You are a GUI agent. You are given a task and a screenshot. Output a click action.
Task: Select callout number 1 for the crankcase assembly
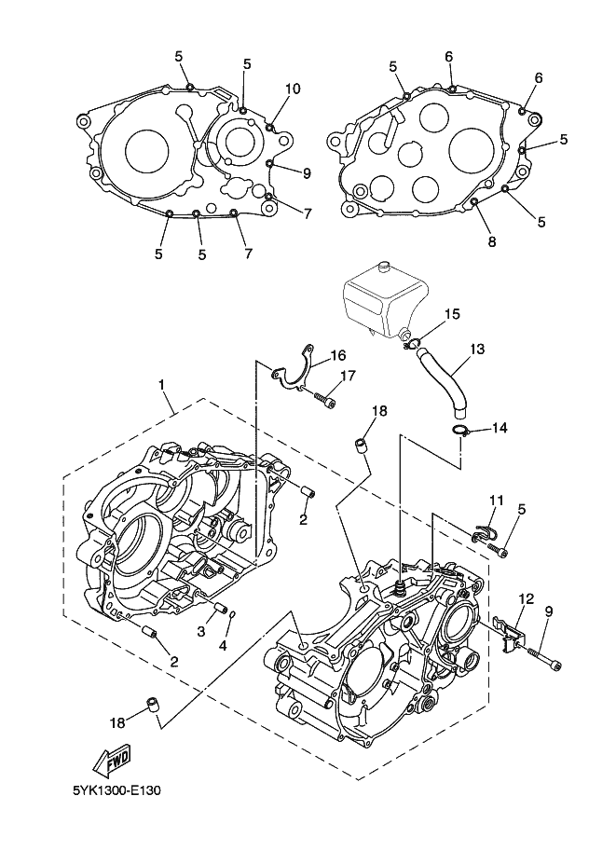tap(161, 384)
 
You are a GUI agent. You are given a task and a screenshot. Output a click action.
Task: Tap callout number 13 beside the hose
tap(477, 349)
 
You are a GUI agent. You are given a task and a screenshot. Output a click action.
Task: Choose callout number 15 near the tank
tap(452, 314)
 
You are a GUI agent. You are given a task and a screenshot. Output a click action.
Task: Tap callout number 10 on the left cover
tap(293, 89)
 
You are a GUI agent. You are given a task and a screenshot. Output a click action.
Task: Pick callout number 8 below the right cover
tap(492, 242)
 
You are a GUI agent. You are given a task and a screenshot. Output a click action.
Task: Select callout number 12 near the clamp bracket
tap(527, 598)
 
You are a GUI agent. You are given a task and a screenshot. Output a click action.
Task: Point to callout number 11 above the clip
tap(497, 500)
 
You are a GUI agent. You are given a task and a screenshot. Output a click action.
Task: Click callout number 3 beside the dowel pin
tap(201, 631)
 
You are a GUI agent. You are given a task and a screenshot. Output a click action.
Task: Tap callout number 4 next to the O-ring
tap(224, 646)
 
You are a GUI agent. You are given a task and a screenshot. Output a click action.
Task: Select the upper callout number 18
tap(380, 411)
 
